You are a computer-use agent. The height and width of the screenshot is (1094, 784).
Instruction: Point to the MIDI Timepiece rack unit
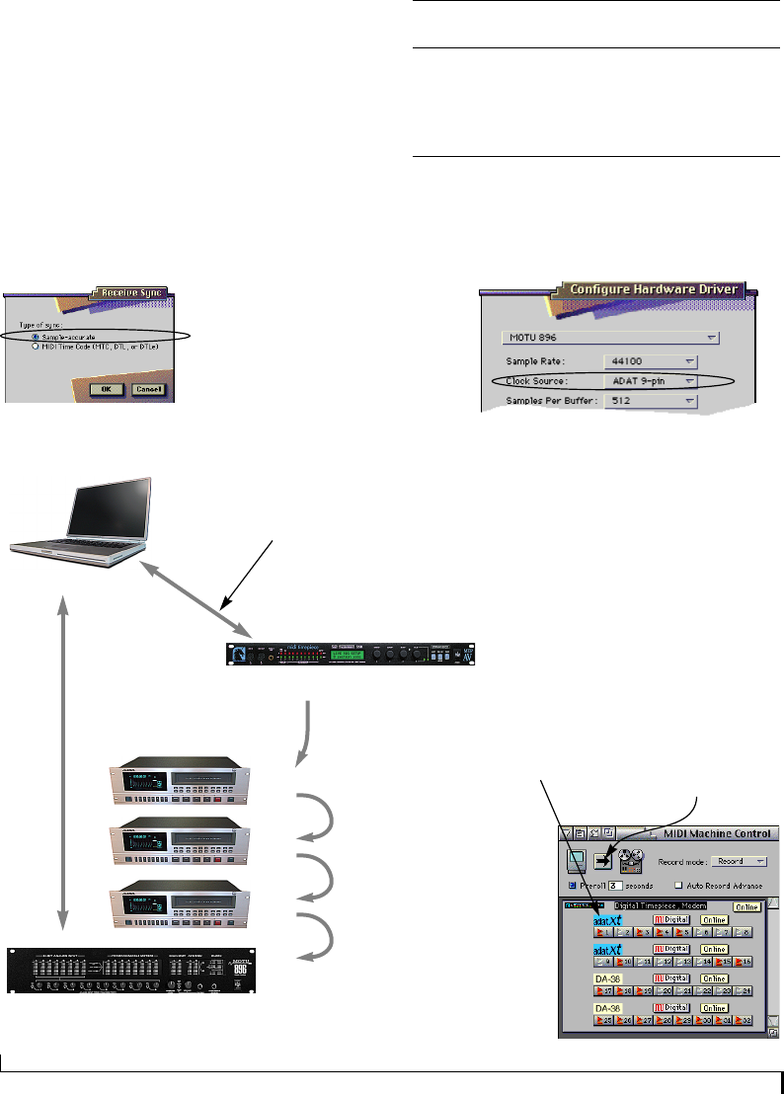pos(347,654)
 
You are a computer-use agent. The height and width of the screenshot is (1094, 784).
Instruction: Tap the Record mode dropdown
pos(740,862)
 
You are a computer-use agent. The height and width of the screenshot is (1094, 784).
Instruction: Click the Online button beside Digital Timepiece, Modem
pos(745,904)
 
